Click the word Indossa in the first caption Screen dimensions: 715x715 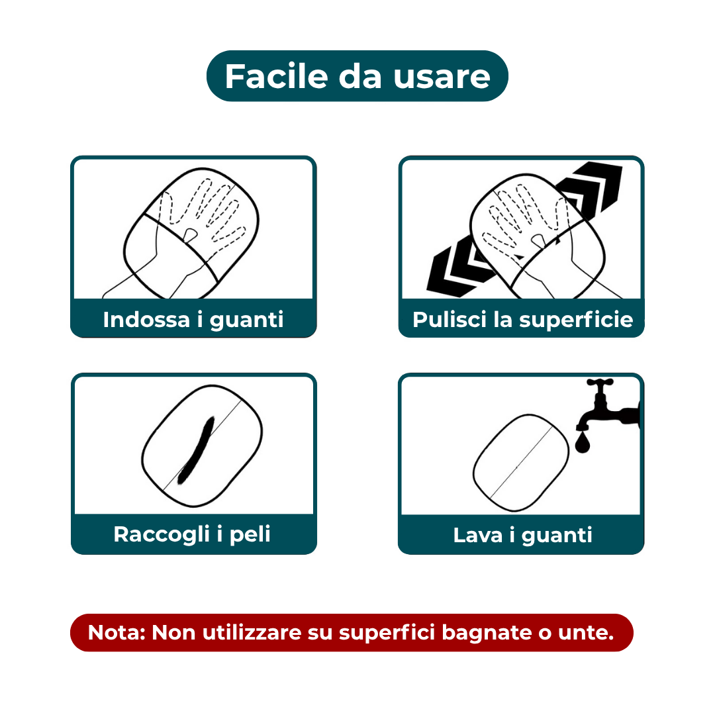pyautogui.click(x=146, y=320)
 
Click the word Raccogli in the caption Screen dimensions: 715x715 pyautogui.click(x=157, y=534)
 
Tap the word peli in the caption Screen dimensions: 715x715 pyautogui.click(x=250, y=534)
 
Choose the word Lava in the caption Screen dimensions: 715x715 pyautogui.click(x=477, y=535)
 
